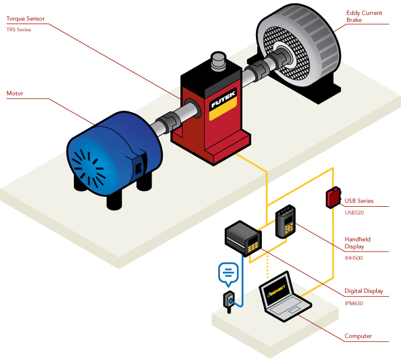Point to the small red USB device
coord(333,197)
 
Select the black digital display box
coord(243,238)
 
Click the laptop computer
coord(285,298)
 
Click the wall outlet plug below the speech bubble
coord(229,301)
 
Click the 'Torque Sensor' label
coord(25,19)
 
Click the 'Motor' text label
coord(15,93)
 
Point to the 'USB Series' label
coord(359,201)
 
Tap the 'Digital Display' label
coord(364,291)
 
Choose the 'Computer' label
coord(358,336)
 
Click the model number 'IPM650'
coord(354,303)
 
